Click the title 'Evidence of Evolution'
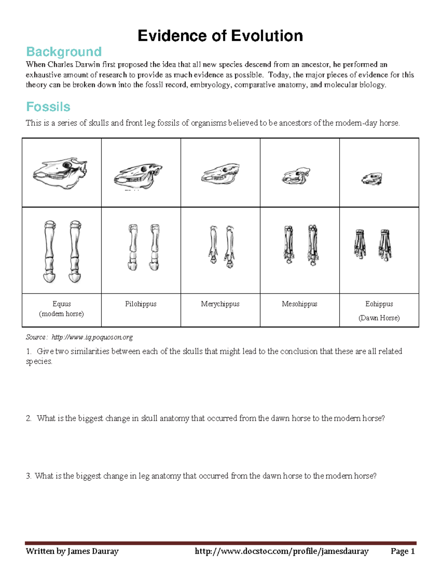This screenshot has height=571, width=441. pyautogui.click(x=220, y=36)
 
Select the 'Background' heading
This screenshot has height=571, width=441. pyautogui.click(x=64, y=52)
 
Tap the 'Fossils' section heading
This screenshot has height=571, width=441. pyautogui.click(x=48, y=107)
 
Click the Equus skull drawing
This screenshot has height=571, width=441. pyautogui.click(x=61, y=173)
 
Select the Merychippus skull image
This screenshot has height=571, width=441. pyautogui.click(x=220, y=174)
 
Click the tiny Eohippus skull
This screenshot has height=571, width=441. pyautogui.click(x=372, y=179)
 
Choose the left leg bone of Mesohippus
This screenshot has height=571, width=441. pyautogui.click(x=288, y=245)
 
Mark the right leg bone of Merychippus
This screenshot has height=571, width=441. pyautogui.click(x=230, y=246)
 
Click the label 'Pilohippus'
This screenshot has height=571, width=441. pyautogui.click(x=141, y=304)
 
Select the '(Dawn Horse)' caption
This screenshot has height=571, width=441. pyautogui.click(x=379, y=318)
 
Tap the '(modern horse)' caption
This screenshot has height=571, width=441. pyautogui.click(x=61, y=314)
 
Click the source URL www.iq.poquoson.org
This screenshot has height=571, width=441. pyautogui.click(x=92, y=337)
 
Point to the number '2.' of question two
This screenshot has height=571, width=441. pyautogui.click(x=29, y=418)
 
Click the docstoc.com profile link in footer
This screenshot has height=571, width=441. pyautogui.click(x=282, y=551)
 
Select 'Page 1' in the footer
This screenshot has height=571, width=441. pyautogui.click(x=402, y=551)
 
